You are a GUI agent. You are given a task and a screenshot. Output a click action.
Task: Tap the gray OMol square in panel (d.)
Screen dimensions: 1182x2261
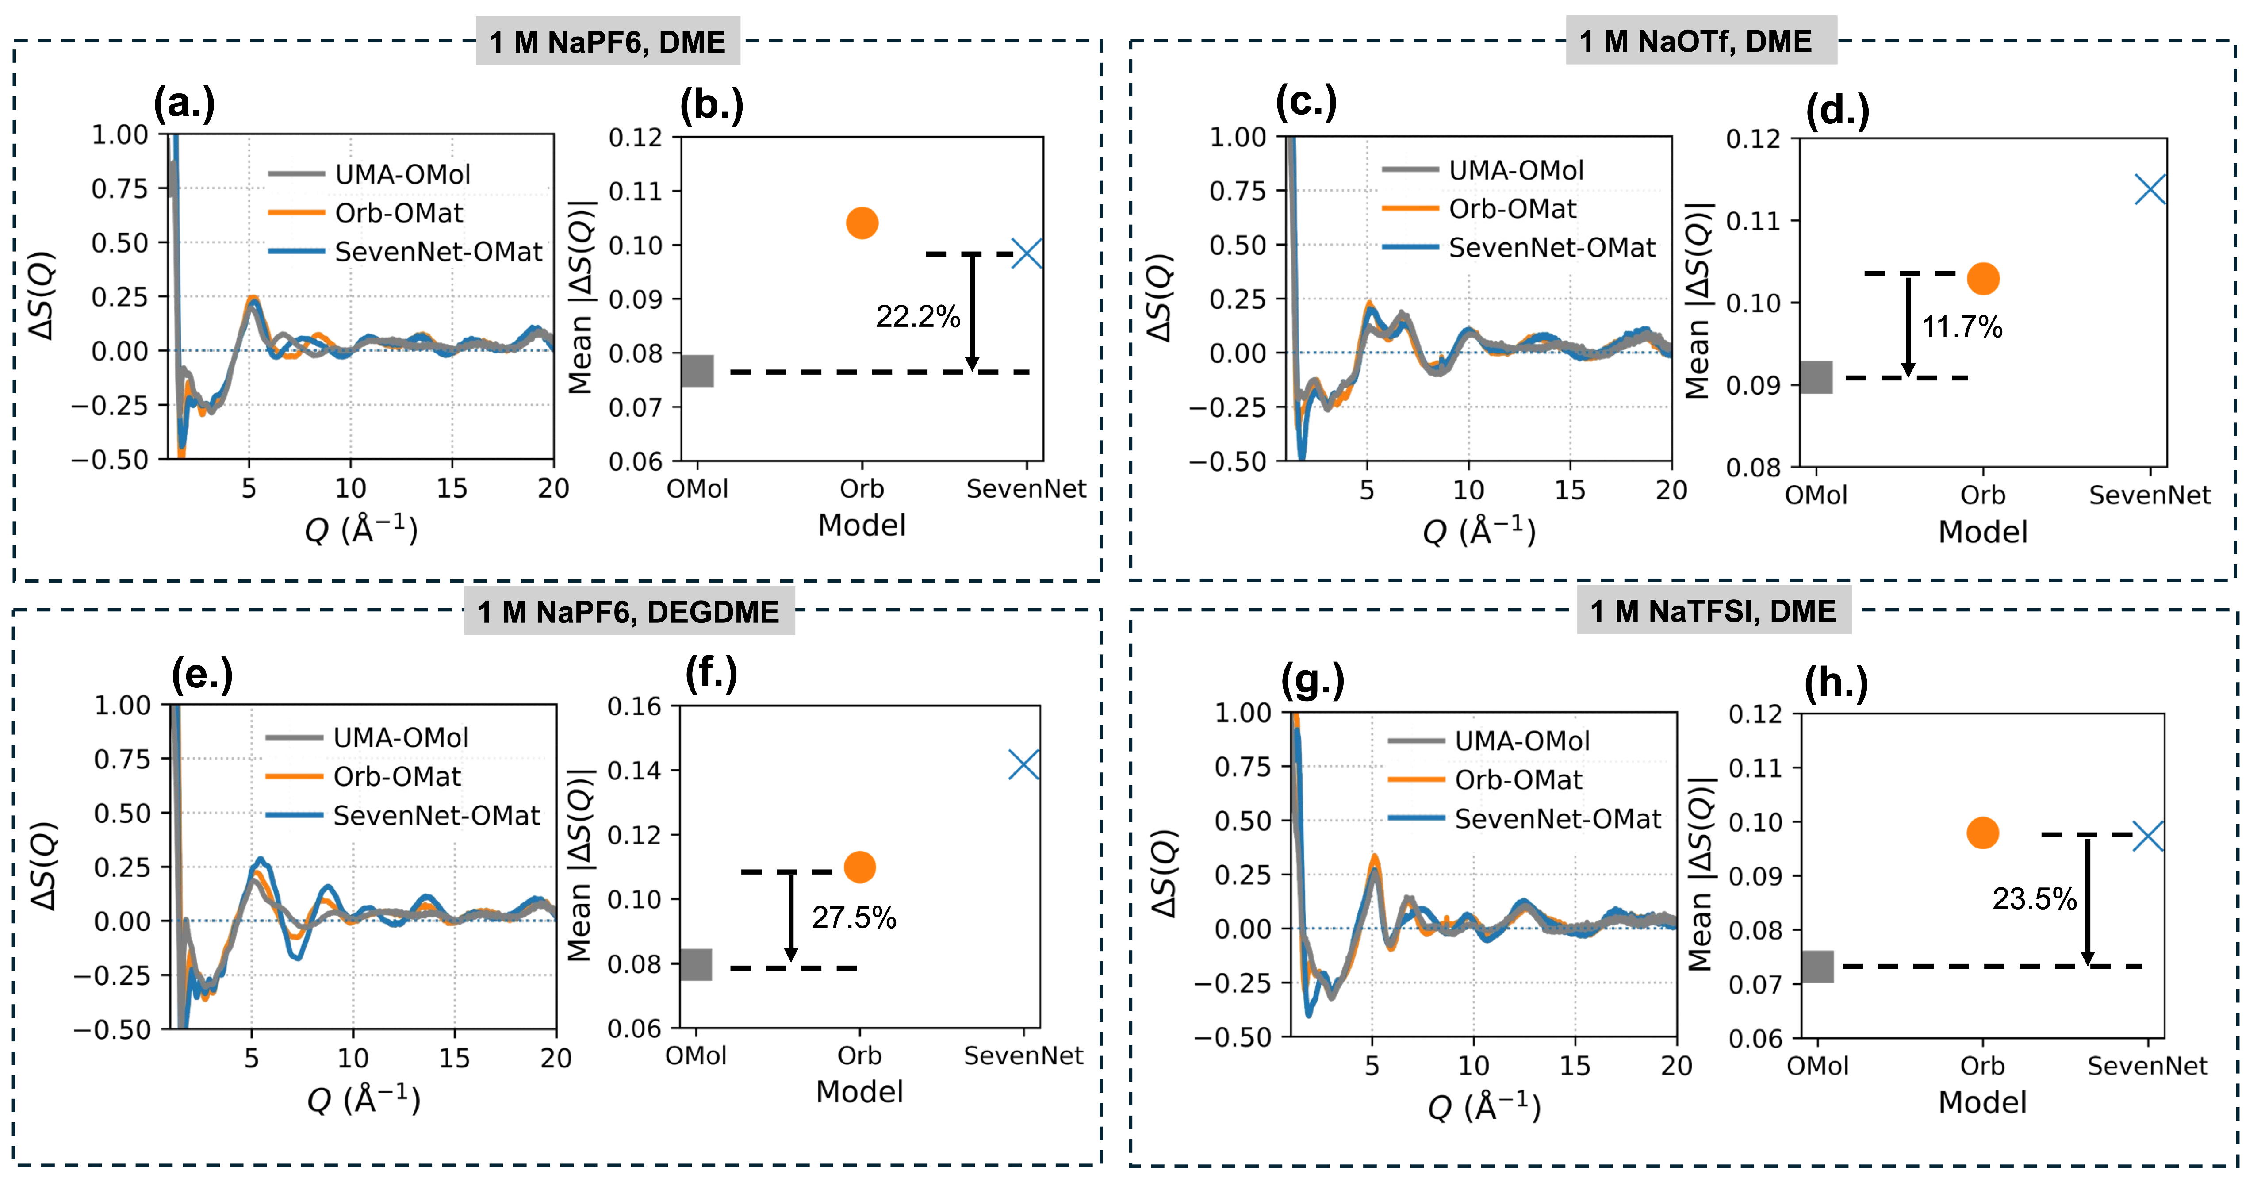(x=1816, y=378)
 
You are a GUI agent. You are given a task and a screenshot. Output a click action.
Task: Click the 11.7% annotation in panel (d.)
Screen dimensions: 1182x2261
(x=1962, y=326)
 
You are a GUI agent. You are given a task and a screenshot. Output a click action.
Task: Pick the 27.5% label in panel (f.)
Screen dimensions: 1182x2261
(x=853, y=917)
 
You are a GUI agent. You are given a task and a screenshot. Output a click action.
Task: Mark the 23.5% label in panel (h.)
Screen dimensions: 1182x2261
(x=2034, y=899)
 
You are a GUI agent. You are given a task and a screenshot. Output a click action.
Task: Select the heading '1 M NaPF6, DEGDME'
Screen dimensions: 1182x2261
(x=628, y=612)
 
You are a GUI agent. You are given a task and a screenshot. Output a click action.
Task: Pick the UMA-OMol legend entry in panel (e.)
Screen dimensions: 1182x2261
(x=400, y=738)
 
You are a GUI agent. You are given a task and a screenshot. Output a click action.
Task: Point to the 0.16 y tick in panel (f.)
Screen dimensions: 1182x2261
(x=634, y=707)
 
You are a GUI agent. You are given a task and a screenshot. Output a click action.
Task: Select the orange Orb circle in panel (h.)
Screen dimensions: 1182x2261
(x=1982, y=833)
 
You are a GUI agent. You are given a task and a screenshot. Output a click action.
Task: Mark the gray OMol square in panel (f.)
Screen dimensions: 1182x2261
(x=696, y=964)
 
